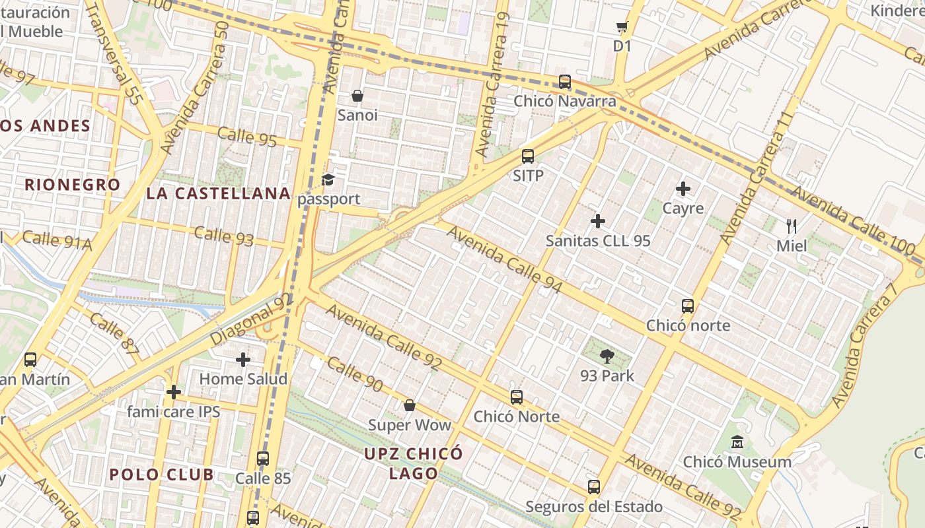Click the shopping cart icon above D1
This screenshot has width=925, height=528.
point(622,27)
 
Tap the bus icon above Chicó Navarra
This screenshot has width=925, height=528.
point(565,82)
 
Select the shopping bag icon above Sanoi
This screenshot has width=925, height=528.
point(357,96)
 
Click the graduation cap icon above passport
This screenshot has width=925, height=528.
point(328,180)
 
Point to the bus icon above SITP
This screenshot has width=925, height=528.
point(528,156)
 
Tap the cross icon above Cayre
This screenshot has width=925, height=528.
point(683,189)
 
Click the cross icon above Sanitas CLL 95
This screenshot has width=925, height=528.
point(598,221)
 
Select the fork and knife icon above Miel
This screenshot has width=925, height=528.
point(792,226)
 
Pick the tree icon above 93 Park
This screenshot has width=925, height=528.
point(607,357)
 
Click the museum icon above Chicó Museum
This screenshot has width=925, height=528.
point(737,442)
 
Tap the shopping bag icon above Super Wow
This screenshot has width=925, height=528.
point(410,405)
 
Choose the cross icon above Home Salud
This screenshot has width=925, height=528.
point(243,360)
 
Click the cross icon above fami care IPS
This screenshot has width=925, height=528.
point(174,392)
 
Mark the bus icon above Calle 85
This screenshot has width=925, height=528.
point(263,459)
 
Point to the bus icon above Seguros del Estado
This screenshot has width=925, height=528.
point(594,487)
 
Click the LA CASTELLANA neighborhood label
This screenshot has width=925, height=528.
point(219,193)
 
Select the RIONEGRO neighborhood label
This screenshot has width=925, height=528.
point(73,185)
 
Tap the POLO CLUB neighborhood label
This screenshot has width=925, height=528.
point(161,475)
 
